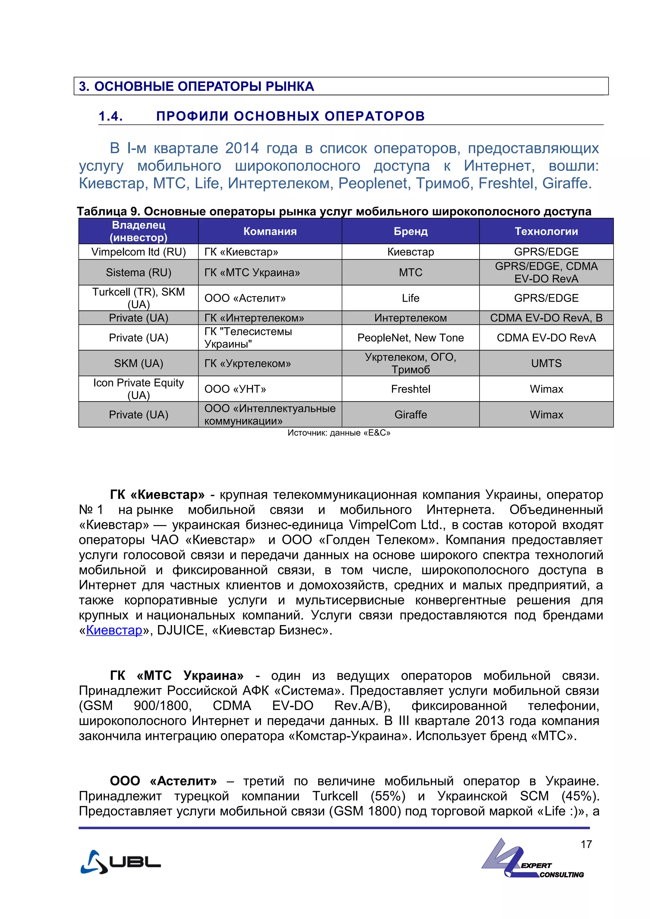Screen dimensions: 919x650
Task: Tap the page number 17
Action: (586, 844)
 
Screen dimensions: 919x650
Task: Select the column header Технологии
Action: (546, 231)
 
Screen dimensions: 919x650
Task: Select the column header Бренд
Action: (410, 231)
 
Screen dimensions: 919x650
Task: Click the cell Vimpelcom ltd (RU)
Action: (139, 252)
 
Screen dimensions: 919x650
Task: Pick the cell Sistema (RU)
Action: (139, 273)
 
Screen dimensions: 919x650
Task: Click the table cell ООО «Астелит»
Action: (245, 298)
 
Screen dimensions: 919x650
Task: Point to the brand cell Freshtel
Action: (410, 389)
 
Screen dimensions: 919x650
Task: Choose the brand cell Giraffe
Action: (410, 415)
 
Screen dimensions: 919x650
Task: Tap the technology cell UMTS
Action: (546, 363)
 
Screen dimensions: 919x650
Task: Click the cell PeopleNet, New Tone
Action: (410, 338)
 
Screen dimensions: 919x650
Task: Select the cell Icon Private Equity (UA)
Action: (139, 389)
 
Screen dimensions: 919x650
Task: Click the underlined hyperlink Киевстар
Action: (114, 630)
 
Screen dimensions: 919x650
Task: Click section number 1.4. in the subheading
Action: (110, 116)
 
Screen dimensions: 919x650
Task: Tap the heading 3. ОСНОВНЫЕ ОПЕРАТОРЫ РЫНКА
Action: (196, 87)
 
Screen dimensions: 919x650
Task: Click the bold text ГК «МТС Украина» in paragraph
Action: (176, 676)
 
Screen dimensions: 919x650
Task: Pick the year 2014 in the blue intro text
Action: (242, 148)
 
